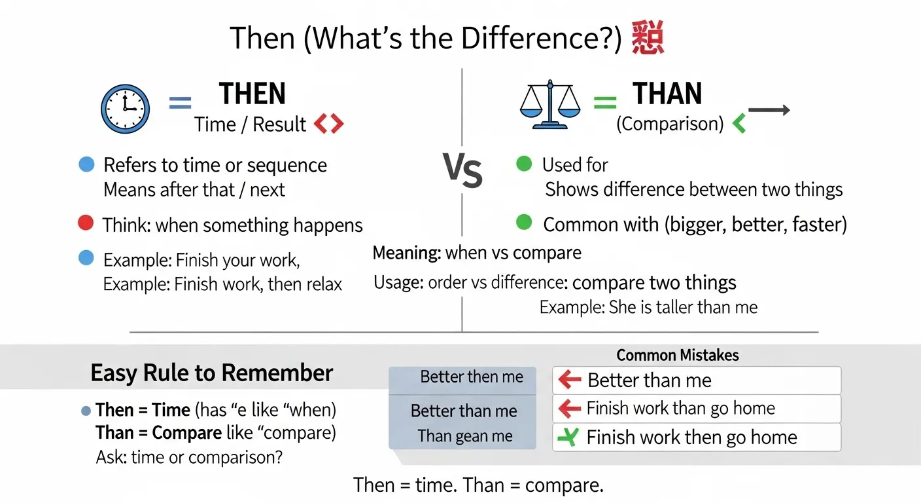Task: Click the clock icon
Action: point(125,109)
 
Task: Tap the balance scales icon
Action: point(549,105)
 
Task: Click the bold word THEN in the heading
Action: point(252,94)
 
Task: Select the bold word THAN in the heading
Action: point(667,94)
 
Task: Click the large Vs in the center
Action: point(463,171)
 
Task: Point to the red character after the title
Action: point(648,39)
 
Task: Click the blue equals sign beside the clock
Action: point(180,103)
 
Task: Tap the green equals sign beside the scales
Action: point(604,102)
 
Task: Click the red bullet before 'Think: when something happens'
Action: point(86,224)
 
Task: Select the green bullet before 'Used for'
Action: point(524,164)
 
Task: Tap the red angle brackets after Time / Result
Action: point(328,124)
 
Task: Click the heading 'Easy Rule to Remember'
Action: point(212,373)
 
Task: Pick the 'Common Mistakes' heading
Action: point(678,355)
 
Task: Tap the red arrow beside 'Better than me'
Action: point(570,380)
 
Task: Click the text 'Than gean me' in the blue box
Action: point(465,436)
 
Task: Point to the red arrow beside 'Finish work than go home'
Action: point(570,409)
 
